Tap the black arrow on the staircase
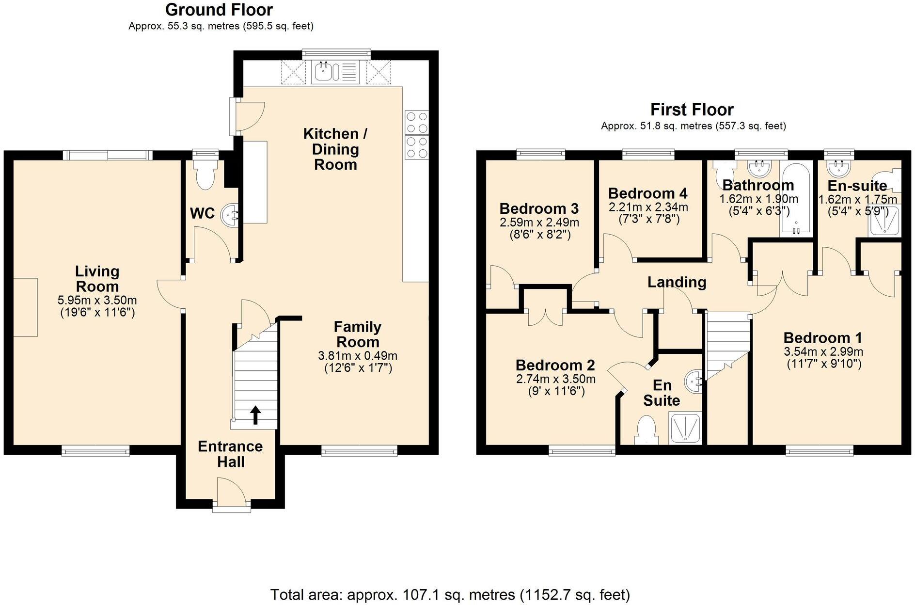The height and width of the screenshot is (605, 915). [x=255, y=415]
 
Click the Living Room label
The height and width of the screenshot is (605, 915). [x=97, y=279]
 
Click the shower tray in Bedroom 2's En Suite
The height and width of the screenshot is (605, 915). [x=685, y=428]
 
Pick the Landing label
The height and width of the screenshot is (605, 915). [x=677, y=282]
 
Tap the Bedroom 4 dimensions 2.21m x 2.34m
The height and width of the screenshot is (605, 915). [x=648, y=207]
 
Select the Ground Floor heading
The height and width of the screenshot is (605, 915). [x=219, y=10]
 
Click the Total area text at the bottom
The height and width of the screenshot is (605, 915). [x=450, y=594]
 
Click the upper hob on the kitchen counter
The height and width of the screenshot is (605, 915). [x=417, y=122]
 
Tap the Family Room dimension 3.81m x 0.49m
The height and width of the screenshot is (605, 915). [x=358, y=356]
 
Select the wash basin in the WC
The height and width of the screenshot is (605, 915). [x=230, y=214]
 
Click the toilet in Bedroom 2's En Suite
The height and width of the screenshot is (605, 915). [x=646, y=430]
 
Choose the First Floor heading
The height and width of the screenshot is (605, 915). [x=692, y=110]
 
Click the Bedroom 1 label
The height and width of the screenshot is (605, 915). [x=822, y=338]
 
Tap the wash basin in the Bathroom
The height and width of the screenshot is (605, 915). [x=759, y=169]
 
